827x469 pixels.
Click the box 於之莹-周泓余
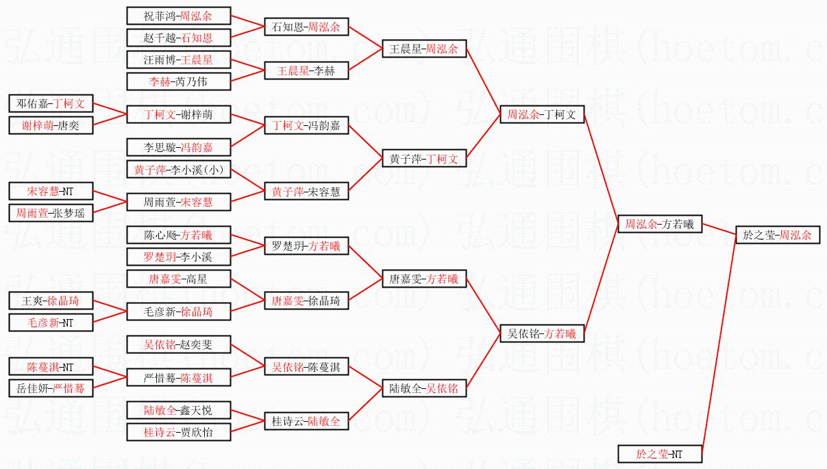[x=777, y=235]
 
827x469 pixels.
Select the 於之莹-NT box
[x=659, y=454]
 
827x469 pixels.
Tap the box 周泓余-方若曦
[x=659, y=224]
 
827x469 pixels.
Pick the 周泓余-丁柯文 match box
[x=542, y=114]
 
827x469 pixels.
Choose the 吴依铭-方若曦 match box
[x=542, y=333]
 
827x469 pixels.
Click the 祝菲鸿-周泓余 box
[x=178, y=16]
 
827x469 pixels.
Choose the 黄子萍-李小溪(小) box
[x=178, y=169]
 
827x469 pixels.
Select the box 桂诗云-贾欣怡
[x=178, y=432]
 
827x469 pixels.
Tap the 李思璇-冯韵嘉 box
[x=178, y=147]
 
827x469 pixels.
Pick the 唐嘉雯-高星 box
[x=178, y=279]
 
